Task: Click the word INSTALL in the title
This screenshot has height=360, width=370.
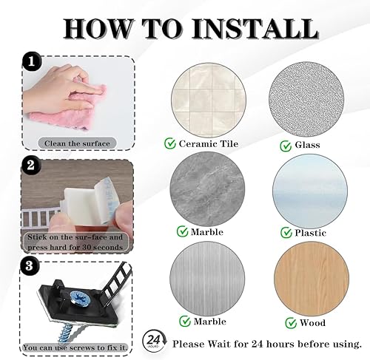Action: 255,28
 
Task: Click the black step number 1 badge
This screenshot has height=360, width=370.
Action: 32,61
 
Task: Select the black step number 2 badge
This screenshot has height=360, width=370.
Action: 30,165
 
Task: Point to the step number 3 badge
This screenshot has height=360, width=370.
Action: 30,266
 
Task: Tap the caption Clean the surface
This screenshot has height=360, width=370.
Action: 77,143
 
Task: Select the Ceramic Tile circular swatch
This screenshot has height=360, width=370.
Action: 209,101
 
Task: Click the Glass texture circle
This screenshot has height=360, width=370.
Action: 306,100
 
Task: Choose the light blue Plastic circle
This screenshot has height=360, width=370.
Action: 310,191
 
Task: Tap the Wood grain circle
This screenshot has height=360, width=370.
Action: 312,279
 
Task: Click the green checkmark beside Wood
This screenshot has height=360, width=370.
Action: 291,323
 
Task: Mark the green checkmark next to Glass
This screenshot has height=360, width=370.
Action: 286,146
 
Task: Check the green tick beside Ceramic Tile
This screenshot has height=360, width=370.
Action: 170,143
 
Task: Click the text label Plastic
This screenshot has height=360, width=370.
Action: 310,233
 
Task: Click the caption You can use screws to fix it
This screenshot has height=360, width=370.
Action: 75,347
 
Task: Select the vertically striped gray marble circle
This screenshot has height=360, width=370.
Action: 207,279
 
